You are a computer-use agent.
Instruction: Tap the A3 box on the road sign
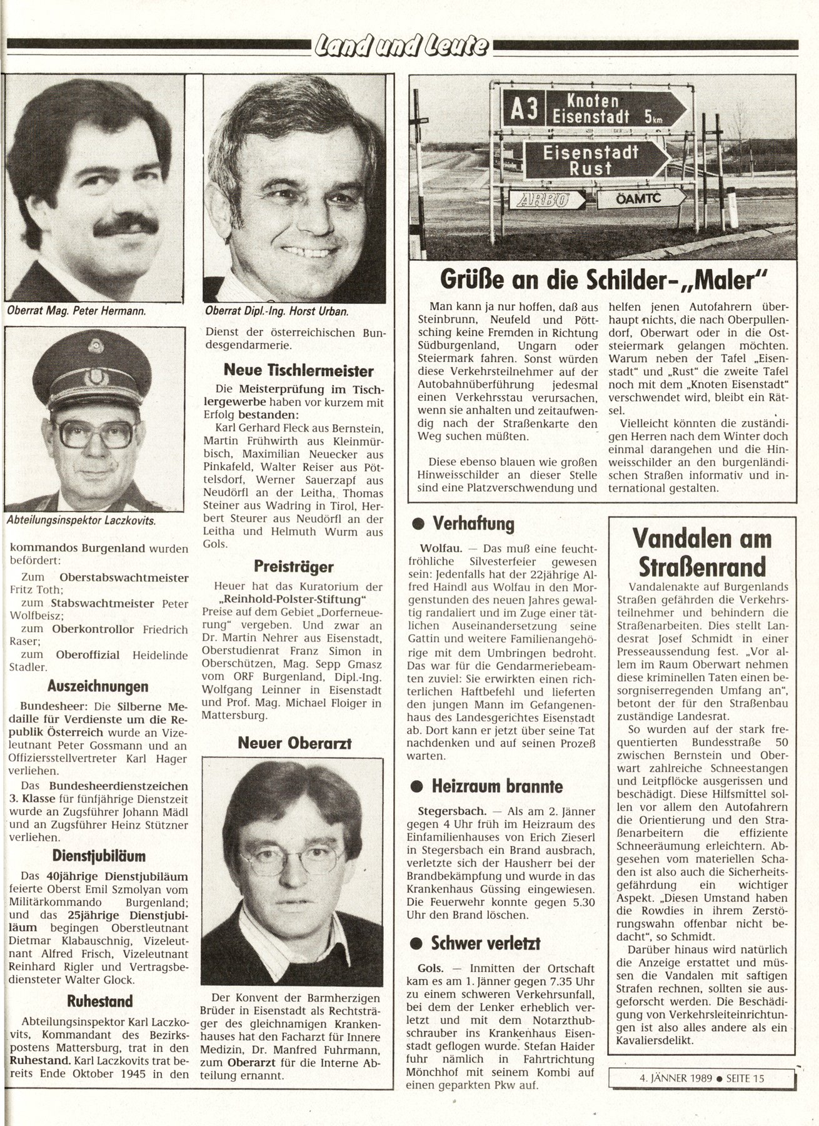tap(524, 110)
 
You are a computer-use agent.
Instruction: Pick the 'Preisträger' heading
tap(294, 567)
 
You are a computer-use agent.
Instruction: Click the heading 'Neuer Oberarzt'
tap(294, 743)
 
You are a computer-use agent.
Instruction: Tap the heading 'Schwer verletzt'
tap(485, 943)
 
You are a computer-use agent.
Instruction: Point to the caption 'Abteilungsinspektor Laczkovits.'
tap(81, 520)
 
